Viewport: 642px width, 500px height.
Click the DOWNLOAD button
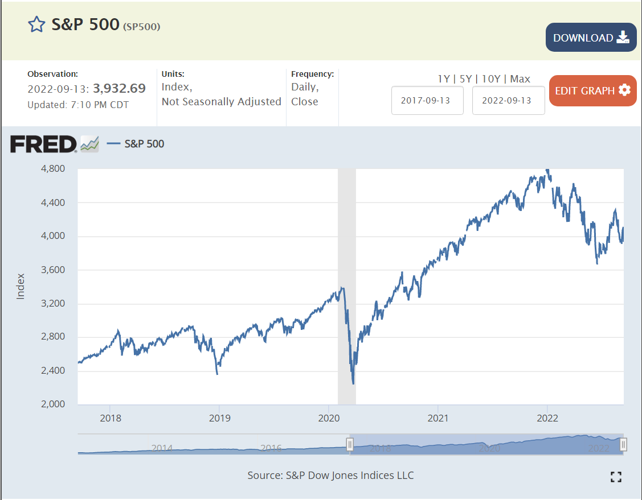tap(591, 38)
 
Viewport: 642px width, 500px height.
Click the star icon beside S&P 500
tap(36, 24)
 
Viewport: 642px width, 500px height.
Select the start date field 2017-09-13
tap(427, 100)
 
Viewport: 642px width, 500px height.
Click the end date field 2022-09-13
tap(508, 100)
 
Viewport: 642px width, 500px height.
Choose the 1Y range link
tap(444, 78)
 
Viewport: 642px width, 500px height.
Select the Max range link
tap(520, 78)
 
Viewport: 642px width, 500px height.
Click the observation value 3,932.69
tap(119, 88)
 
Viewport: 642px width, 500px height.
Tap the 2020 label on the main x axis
tap(329, 418)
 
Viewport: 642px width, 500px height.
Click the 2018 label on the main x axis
tap(110, 418)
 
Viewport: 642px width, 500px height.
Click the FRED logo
tap(43, 144)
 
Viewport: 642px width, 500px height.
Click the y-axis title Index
tap(21, 286)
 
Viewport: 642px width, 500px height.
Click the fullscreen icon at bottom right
tap(615, 477)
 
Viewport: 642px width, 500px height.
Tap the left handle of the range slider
tap(350, 444)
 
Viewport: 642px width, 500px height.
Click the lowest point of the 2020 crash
tap(354, 383)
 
